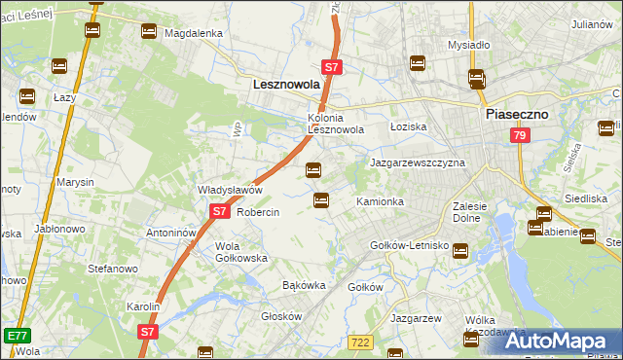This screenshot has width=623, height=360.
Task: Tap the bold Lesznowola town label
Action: coord(286,85)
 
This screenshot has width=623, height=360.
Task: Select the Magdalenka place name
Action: coord(194,32)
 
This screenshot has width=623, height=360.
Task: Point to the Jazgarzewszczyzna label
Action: coord(418,162)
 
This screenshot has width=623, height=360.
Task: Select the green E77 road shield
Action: coord(16,335)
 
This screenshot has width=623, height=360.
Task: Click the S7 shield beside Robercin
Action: coord(219,211)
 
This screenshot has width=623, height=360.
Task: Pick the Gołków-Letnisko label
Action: coord(409,246)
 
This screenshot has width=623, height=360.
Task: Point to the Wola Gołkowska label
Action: coord(240,252)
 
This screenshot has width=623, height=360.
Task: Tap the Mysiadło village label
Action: coord(467,45)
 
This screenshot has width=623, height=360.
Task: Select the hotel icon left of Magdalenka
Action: coord(149,32)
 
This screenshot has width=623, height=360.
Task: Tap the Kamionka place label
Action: coord(380,201)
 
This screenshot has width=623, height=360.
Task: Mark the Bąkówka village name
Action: coord(303,286)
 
